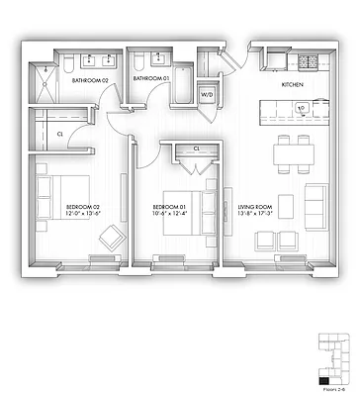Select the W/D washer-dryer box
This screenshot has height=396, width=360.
[208, 95]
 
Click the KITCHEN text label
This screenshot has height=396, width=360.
[294, 86]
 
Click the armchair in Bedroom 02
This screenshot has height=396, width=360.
[111, 239]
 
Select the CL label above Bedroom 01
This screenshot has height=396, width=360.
[196, 148]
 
